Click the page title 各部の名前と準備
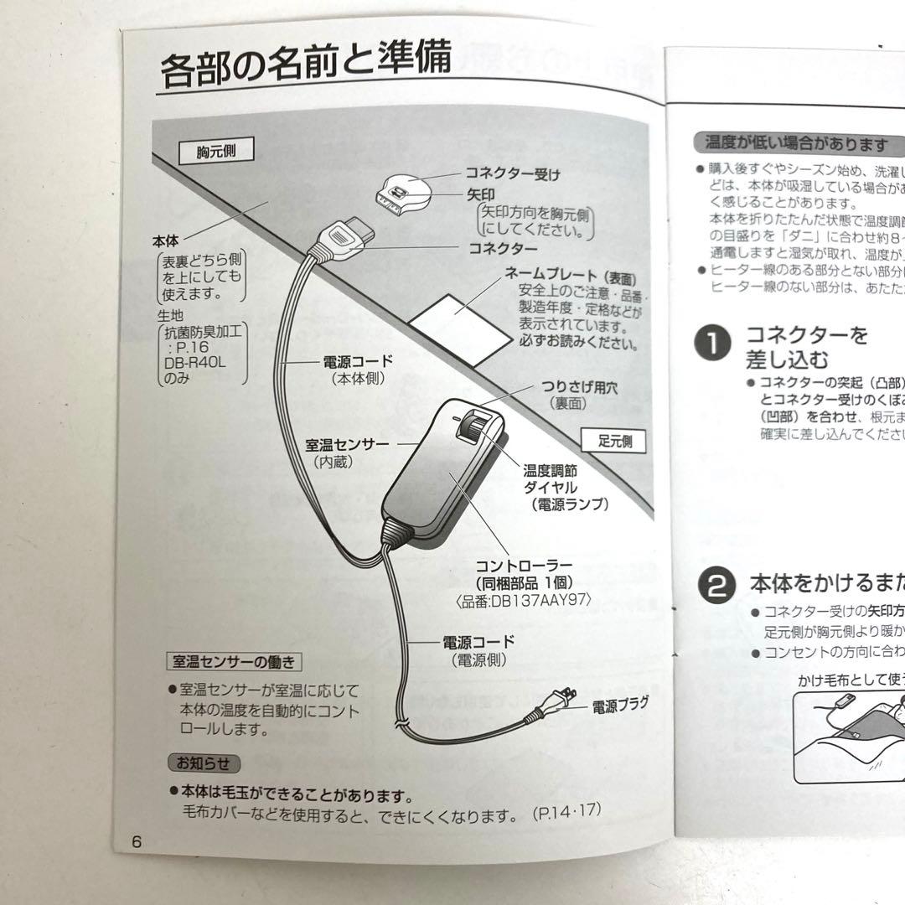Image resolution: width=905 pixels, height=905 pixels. pos(306,65)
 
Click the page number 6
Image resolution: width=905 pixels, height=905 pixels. pos(137,841)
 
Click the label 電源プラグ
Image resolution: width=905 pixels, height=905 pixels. pos(619,706)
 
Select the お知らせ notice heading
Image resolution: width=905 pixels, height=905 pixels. pos(203,763)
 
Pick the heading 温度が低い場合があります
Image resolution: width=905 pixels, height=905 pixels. pos(796,144)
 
